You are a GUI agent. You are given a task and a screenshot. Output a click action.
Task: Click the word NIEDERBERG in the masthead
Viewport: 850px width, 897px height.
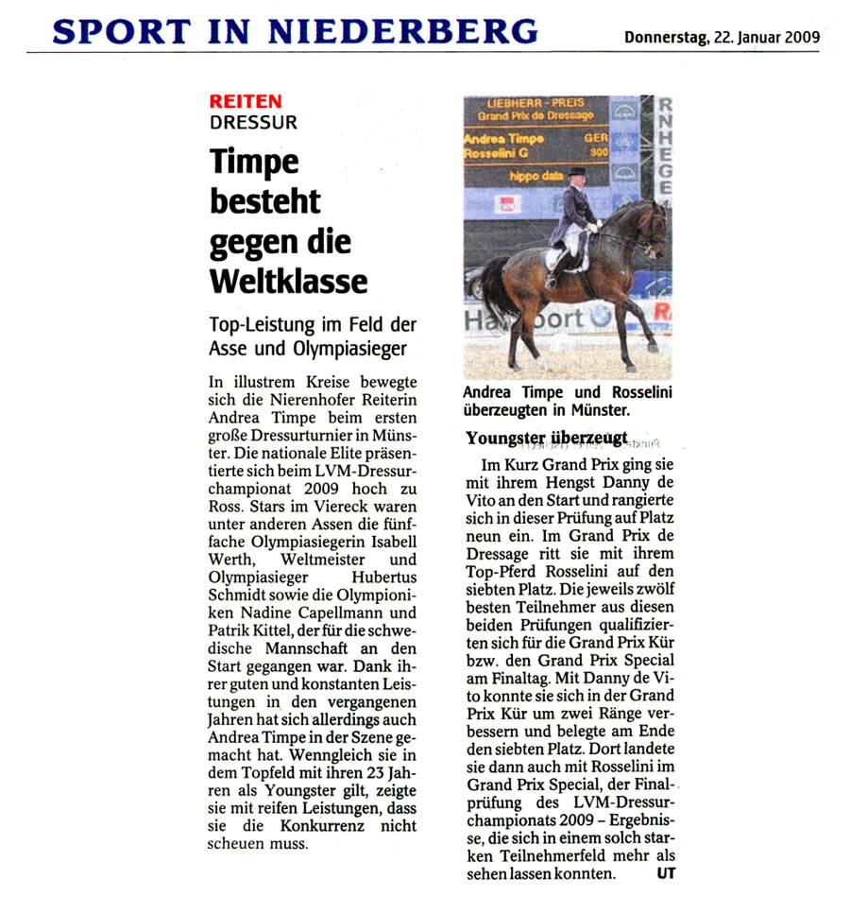pos(403,31)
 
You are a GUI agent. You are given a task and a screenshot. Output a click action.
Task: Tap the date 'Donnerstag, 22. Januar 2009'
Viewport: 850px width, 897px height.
pos(722,38)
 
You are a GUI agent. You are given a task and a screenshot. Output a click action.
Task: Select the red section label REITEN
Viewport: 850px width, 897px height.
pos(245,102)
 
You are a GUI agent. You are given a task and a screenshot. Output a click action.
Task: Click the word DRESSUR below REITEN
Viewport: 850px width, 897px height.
pos(253,122)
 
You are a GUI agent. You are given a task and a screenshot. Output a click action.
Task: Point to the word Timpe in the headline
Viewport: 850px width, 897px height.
pos(254,163)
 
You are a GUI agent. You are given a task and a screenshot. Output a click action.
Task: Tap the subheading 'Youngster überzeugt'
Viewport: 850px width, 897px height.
pos(547,438)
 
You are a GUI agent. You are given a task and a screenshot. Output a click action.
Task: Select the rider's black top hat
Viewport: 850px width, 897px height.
pos(575,172)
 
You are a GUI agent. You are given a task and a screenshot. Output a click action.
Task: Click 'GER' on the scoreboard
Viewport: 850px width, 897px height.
pos(596,138)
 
